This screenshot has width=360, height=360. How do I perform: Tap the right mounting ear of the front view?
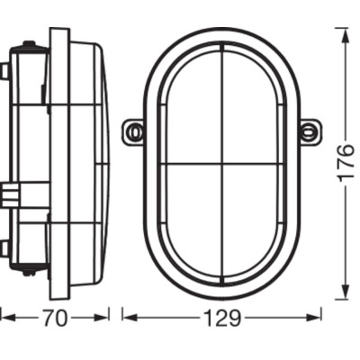(309, 131)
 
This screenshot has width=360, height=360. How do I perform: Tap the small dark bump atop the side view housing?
(30, 44)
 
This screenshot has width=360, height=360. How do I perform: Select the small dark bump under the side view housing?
(30, 271)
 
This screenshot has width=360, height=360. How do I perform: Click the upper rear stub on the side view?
(5, 70)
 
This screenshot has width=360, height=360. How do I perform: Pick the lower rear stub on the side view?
(5, 248)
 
